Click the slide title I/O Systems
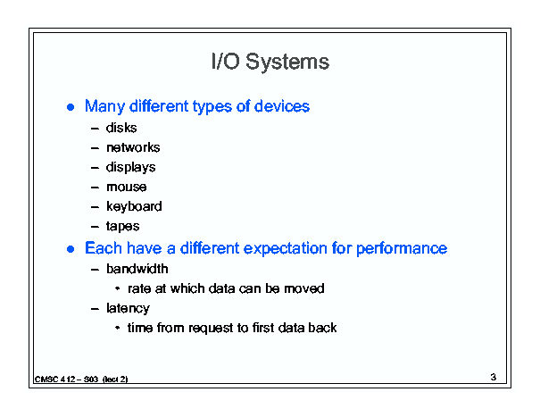tap(270, 62)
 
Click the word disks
tap(121, 128)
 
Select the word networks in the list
tap(133, 147)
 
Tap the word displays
tap(131, 168)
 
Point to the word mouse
tap(127, 188)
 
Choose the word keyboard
tap(134, 207)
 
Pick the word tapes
tap(122, 227)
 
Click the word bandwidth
tap(137, 269)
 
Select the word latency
tap(128, 308)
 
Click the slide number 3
tap(494, 377)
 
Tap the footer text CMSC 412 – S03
tap(66, 379)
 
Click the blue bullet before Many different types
tap(71, 107)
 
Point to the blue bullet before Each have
tap(71, 249)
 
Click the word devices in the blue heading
tap(282, 106)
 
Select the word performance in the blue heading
tap(402, 249)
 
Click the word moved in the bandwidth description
tap(304, 288)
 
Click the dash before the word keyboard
tap(95, 207)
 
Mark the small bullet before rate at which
tap(118, 288)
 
